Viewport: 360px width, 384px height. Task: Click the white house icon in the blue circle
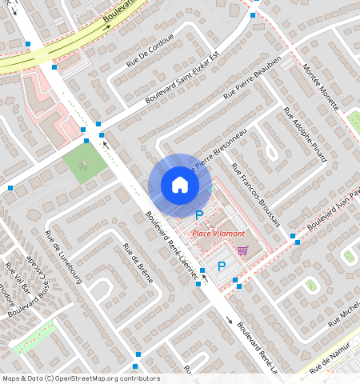[180, 185]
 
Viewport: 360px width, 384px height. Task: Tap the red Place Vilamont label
[218, 232]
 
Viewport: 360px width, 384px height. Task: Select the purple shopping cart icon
[242, 250]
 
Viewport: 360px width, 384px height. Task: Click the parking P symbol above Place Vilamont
[199, 214]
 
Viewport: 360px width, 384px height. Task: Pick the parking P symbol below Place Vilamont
[222, 266]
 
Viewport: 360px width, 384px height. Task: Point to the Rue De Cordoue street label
[149, 50]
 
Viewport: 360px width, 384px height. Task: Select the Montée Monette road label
[322, 86]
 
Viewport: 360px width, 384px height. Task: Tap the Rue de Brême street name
[136, 270]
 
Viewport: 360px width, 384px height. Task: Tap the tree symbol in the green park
[83, 166]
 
